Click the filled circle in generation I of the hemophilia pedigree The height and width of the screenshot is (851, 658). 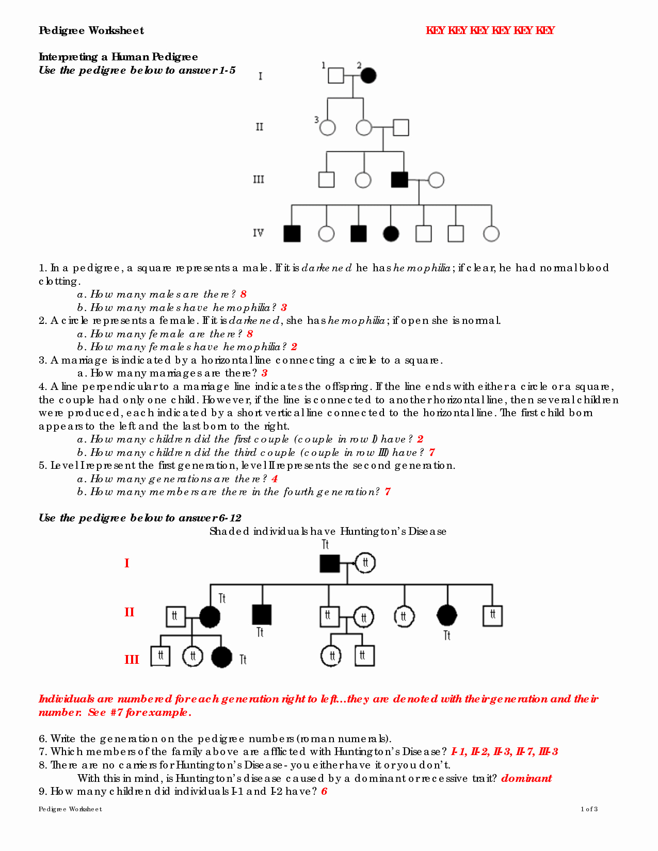coord(368,75)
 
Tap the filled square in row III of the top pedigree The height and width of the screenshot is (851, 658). coord(399,179)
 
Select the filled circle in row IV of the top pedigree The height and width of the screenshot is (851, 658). coord(391,234)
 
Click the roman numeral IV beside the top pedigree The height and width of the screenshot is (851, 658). coord(258,233)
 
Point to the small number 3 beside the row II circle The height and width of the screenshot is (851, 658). coord(316,120)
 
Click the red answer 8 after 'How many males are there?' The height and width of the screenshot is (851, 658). coord(244,294)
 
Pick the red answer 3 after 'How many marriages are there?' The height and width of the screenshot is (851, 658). coord(264,373)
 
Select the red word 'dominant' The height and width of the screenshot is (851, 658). coord(526,778)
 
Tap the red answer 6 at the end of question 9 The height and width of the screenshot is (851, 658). coord(324,792)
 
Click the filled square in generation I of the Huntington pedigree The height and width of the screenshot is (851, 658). coord(330,563)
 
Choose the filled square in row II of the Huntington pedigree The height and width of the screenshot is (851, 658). coord(262,615)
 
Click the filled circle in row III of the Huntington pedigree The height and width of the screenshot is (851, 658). coord(222,657)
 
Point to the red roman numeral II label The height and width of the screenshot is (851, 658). coord(129,613)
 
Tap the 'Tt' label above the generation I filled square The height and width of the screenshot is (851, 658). coord(325,545)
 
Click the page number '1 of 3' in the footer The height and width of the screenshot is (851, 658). coord(589,809)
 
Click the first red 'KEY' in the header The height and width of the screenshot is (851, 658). coord(435,30)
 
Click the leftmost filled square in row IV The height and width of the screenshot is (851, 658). coord(292,234)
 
